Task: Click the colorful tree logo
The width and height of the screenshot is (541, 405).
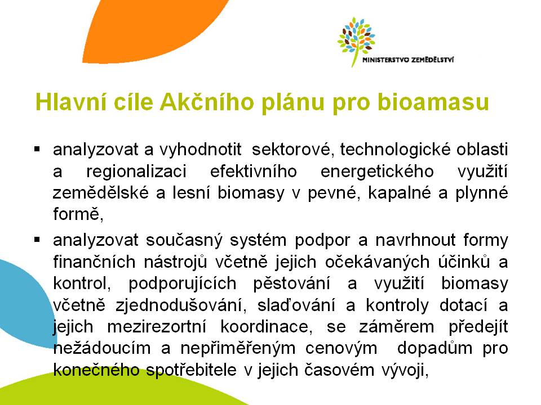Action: [x=356, y=41]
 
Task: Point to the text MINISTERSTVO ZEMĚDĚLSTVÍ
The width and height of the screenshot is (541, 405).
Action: [x=408, y=60]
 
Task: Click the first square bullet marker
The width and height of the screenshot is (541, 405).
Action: [x=37, y=150]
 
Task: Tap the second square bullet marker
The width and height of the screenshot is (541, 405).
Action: [x=37, y=240]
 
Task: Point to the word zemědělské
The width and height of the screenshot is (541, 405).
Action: [x=100, y=193]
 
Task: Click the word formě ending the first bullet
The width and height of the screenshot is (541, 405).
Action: [x=78, y=214]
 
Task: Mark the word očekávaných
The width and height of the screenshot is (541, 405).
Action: [x=378, y=262]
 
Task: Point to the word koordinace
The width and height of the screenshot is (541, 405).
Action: [x=267, y=327]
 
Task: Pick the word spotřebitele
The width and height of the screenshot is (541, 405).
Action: [x=192, y=370]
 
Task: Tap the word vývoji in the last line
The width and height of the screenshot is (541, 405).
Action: [x=405, y=370]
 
